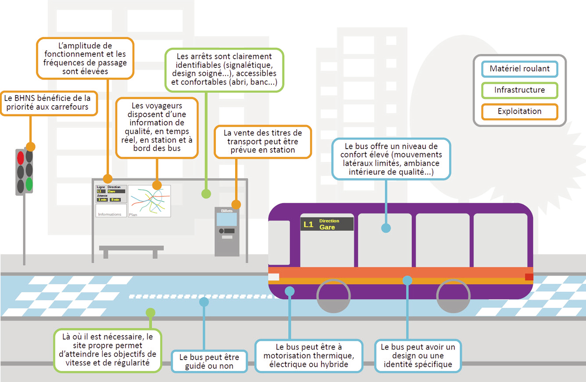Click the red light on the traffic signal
pyautogui.click(x=20, y=157)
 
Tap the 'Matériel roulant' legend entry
pyautogui.click(x=519, y=69)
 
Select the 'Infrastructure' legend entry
pyautogui.click(x=519, y=90)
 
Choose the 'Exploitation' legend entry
pyautogui.click(x=519, y=111)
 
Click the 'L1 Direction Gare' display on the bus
pyautogui.click(x=327, y=224)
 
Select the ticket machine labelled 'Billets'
pyautogui.click(x=227, y=232)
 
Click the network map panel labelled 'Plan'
pyautogui.click(x=149, y=201)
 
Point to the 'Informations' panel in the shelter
pyautogui.click(x=111, y=210)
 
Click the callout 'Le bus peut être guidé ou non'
pyautogui.click(x=209, y=361)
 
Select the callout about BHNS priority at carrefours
pyautogui.click(x=48, y=103)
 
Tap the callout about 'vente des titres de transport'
pyautogui.click(x=263, y=141)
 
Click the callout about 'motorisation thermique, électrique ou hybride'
pyautogui.click(x=309, y=356)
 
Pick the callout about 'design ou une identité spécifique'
pyautogui.click(x=418, y=356)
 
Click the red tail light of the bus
pyautogui.click(x=529, y=277)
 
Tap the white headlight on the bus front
pyautogui.click(x=273, y=277)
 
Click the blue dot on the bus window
pyautogui.click(x=386, y=228)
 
